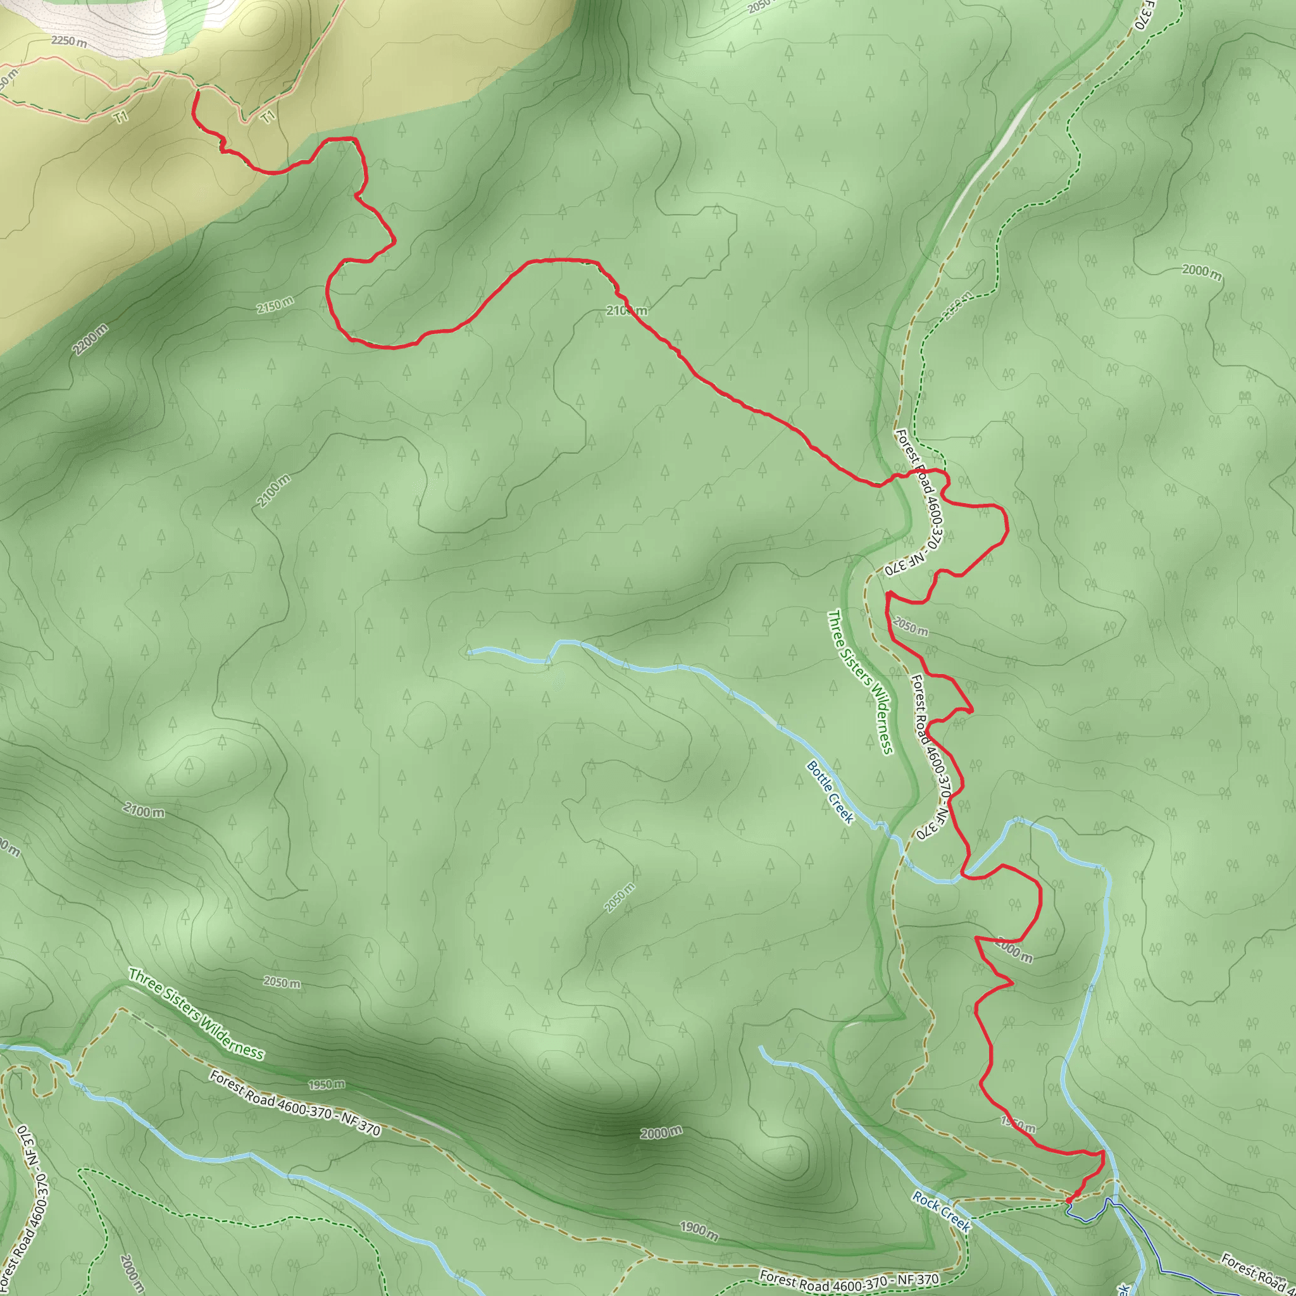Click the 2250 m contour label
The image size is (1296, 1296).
click(x=69, y=41)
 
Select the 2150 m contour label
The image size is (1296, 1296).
click(x=275, y=305)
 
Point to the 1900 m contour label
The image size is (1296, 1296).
click(x=699, y=1228)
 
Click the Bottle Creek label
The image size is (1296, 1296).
click(x=830, y=792)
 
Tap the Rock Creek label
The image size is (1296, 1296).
click(x=941, y=1211)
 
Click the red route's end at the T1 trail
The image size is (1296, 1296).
click(x=197, y=92)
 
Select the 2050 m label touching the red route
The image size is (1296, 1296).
click(x=910, y=627)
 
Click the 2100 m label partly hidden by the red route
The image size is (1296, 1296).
click(x=626, y=310)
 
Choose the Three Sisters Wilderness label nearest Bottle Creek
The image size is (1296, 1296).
click(x=861, y=682)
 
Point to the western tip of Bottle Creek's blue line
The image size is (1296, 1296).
click(x=470, y=651)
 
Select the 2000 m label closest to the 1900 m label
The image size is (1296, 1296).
click(x=661, y=1133)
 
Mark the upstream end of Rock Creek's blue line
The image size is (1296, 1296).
click(x=761, y=1047)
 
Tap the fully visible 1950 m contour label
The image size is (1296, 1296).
click(x=327, y=1085)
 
